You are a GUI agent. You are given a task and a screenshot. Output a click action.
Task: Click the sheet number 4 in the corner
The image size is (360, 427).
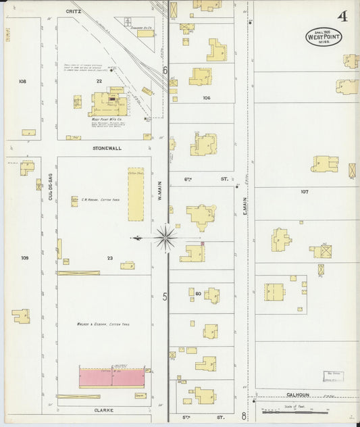point(342,16)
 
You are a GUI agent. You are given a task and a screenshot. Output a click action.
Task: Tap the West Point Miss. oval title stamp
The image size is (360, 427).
point(324,37)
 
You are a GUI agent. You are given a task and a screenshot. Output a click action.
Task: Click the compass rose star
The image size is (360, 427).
point(166,237)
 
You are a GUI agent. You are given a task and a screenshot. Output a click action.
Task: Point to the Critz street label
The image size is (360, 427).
point(73,11)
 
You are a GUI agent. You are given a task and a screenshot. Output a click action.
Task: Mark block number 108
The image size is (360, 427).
point(22,81)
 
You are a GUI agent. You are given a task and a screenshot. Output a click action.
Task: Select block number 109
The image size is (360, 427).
point(25,258)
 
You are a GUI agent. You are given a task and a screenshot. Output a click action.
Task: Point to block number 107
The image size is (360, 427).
point(305,192)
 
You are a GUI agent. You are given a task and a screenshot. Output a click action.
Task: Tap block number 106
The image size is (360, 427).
point(207,98)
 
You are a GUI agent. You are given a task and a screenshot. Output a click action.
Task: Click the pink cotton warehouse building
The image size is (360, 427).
point(112,377)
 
